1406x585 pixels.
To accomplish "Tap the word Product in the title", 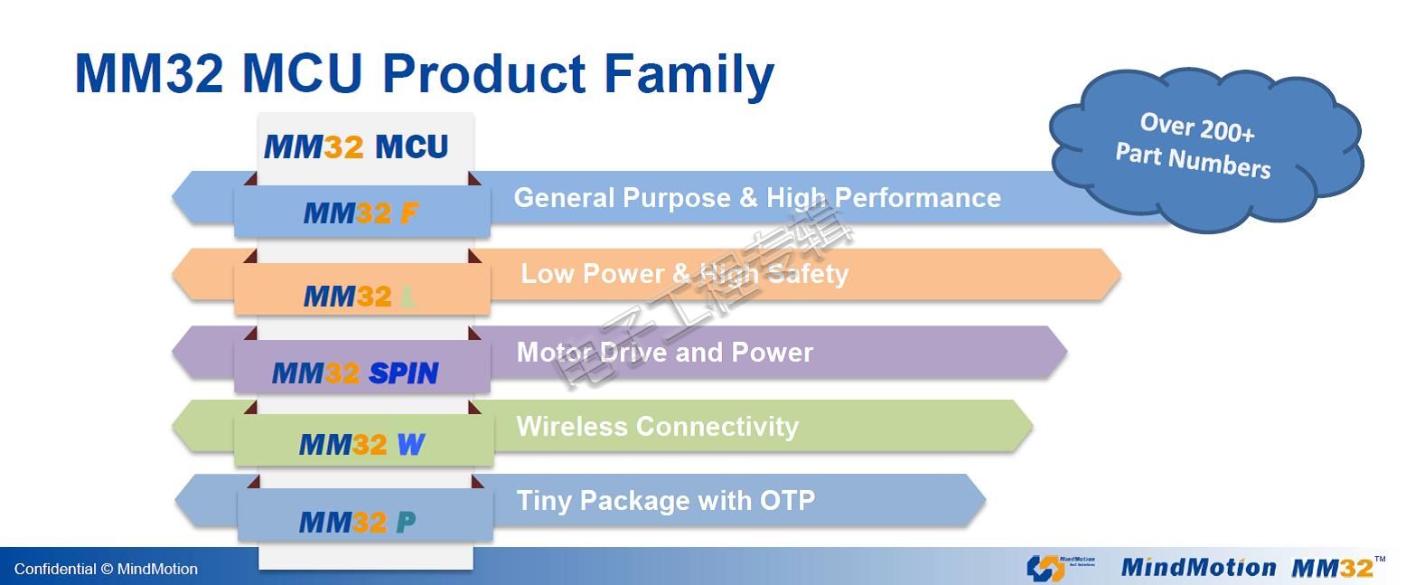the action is click(484, 73).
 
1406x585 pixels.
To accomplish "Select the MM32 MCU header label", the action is click(356, 147).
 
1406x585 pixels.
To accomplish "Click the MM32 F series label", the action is click(361, 213).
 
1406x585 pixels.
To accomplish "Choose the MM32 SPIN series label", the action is click(355, 373).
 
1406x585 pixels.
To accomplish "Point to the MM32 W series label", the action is click(362, 445).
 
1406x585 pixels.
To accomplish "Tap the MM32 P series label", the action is click(358, 522).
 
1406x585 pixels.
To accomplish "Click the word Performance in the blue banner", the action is click(918, 198).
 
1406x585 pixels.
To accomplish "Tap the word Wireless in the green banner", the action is click(572, 426).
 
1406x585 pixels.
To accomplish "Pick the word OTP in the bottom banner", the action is click(788, 501).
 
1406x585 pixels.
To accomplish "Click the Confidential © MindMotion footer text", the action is click(106, 570).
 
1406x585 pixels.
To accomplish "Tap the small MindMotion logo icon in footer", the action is click(1045, 568).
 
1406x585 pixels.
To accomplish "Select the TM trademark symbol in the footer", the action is click(1380, 559).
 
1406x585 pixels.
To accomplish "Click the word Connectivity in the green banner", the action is click(717, 428).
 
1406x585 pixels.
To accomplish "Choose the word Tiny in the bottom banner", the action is click(544, 502).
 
